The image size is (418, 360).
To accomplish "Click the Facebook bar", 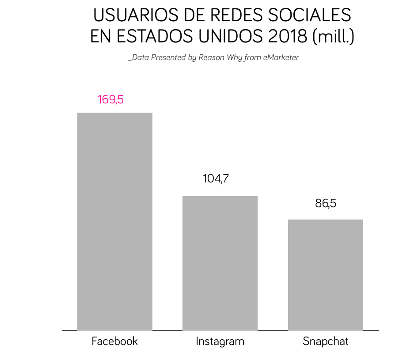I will [115, 221].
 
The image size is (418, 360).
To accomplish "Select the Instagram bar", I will [220, 263].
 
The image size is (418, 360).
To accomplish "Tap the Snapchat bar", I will [326, 275].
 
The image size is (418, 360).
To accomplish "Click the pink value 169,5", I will [110, 99].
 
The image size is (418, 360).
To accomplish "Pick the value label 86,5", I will [326, 204].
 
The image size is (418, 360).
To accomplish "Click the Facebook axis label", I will [115, 341].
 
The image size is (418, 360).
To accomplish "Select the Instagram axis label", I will [220, 341].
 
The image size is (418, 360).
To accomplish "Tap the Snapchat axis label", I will [326, 341].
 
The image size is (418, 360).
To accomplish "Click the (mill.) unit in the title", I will [333, 37].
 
